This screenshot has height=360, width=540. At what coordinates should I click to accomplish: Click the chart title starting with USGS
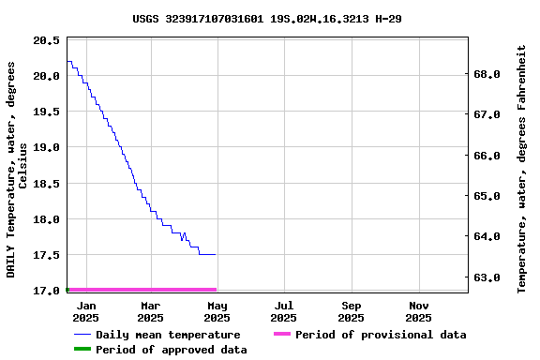click(x=267, y=18)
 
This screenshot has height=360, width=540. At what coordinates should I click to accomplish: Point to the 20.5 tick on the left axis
click(x=46, y=40)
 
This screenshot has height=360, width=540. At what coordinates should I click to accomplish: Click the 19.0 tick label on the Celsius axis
click(x=46, y=147)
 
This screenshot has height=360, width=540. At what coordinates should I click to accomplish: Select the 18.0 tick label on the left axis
click(x=46, y=219)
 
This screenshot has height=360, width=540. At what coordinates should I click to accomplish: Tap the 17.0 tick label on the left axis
click(x=46, y=291)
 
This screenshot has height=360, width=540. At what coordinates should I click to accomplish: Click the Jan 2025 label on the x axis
click(x=85, y=311)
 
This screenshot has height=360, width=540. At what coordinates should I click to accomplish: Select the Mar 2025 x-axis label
click(x=151, y=311)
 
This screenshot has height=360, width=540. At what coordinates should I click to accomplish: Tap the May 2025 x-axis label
click(x=217, y=311)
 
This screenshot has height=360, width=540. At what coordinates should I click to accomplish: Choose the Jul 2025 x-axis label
click(x=284, y=311)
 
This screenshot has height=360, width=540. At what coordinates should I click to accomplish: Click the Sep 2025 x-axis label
click(x=352, y=311)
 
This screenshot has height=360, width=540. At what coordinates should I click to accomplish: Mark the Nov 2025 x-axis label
click(x=419, y=311)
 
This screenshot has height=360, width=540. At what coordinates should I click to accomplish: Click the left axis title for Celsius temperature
click(x=17, y=169)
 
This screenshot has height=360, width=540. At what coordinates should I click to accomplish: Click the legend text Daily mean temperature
click(x=168, y=335)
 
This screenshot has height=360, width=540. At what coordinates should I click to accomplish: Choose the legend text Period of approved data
click(x=172, y=350)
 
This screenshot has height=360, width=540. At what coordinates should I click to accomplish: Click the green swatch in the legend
click(x=82, y=350)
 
